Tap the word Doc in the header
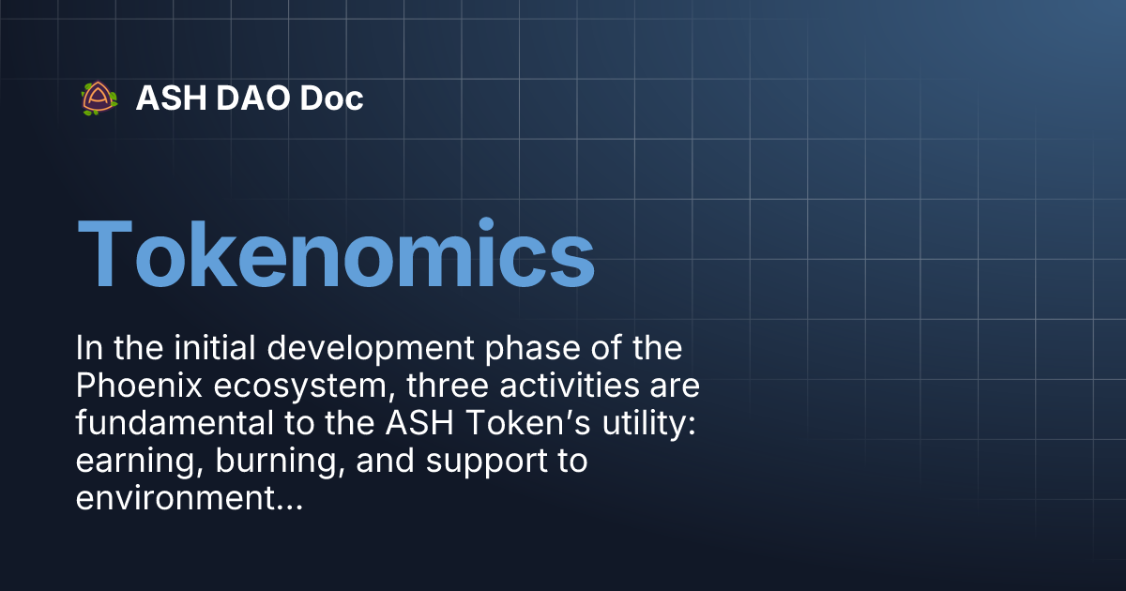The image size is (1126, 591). coord(331,98)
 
